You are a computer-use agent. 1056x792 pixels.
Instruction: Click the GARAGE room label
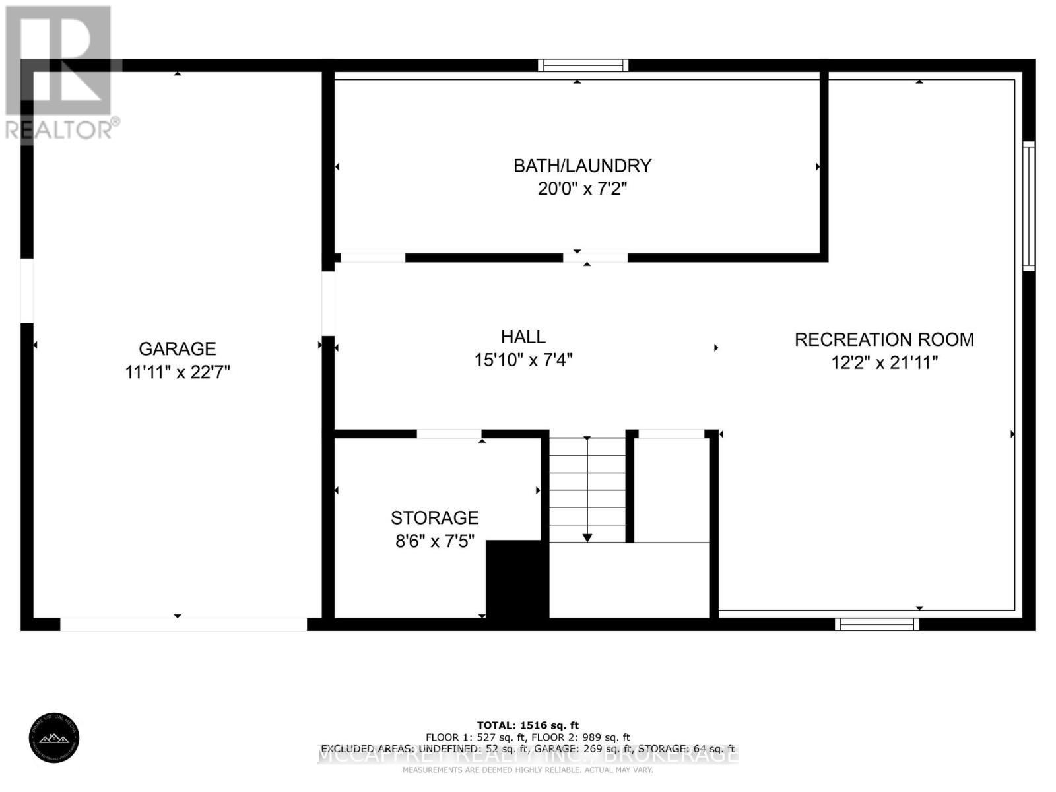click(x=177, y=348)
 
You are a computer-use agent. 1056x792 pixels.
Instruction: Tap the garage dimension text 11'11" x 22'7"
click(x=177, y=372)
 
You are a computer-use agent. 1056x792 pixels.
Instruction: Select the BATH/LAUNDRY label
click(x=582, y=166)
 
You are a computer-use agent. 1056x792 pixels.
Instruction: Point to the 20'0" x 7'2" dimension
click(x=582, y=189)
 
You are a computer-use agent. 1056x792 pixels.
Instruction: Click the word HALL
click(x=523, y=337)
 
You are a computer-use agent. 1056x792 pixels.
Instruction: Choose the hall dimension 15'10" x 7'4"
click(x=523, y=360)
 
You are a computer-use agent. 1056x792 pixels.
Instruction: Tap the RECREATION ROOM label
click(x=884, y=339)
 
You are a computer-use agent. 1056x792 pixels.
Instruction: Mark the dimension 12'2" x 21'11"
click(x=884, y=363)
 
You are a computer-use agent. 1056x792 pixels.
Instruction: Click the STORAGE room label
click(x=434, y=517)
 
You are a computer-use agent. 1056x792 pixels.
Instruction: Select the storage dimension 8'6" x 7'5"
click(x=434, y=541)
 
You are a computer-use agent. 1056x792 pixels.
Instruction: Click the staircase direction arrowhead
click(x=587, y=538)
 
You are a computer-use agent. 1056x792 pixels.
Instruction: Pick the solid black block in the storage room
click(x=517, y=579)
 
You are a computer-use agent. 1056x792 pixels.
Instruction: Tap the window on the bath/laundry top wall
click(x=582, y=65)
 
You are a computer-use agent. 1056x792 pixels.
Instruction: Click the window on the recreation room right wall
click(x=1028, y=206)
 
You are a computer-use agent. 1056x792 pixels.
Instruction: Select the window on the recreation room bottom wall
click(x=876, y=624)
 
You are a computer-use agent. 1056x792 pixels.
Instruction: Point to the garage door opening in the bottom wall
click(x=183, y=624)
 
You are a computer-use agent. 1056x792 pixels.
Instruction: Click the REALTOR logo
click(x=61, y=73)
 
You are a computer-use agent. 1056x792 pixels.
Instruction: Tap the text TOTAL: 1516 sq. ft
click(x=527, y=725)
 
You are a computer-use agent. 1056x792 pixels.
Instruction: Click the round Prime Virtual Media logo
click(x=54, y=739)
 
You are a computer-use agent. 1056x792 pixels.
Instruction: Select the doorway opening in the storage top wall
click(x=449, y=434)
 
